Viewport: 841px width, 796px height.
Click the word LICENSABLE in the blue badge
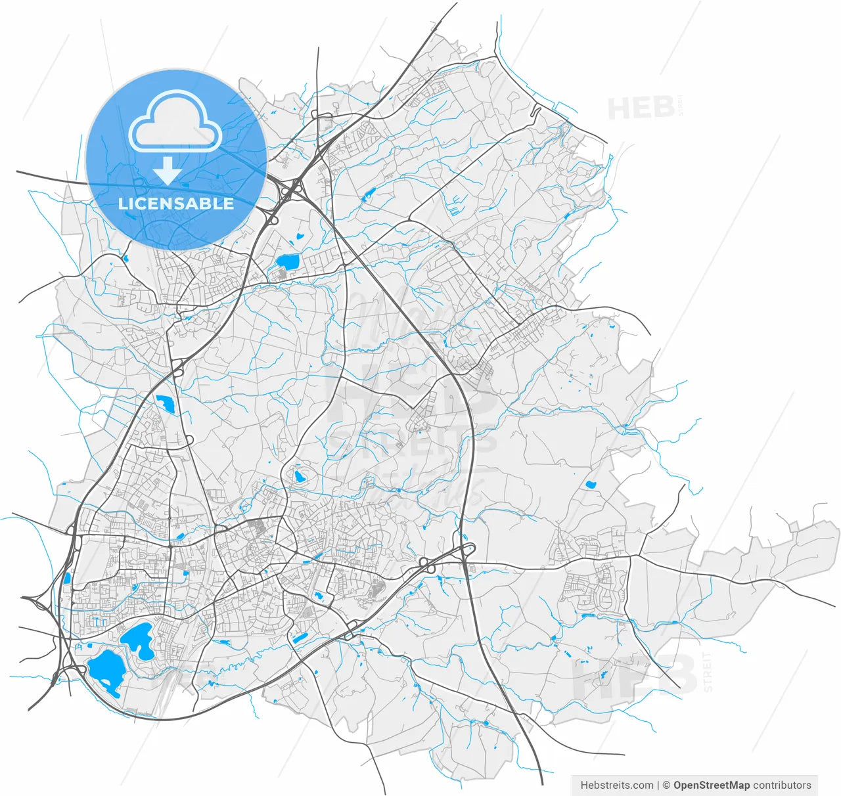pos(176,204)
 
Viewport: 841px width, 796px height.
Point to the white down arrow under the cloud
pos(168,171)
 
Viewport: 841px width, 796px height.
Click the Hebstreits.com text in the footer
pos(617,785)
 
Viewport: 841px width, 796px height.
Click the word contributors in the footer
pos(783,785)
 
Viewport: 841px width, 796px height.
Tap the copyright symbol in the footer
pos(666,785)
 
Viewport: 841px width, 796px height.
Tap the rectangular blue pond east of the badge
pos(288,262)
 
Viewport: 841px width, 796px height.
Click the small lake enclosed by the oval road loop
pos(300,476)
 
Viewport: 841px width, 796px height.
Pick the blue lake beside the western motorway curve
pos(164,404)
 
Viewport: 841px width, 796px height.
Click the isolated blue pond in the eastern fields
pos(590,485)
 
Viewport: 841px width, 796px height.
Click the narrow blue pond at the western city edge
pos(67,579)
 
